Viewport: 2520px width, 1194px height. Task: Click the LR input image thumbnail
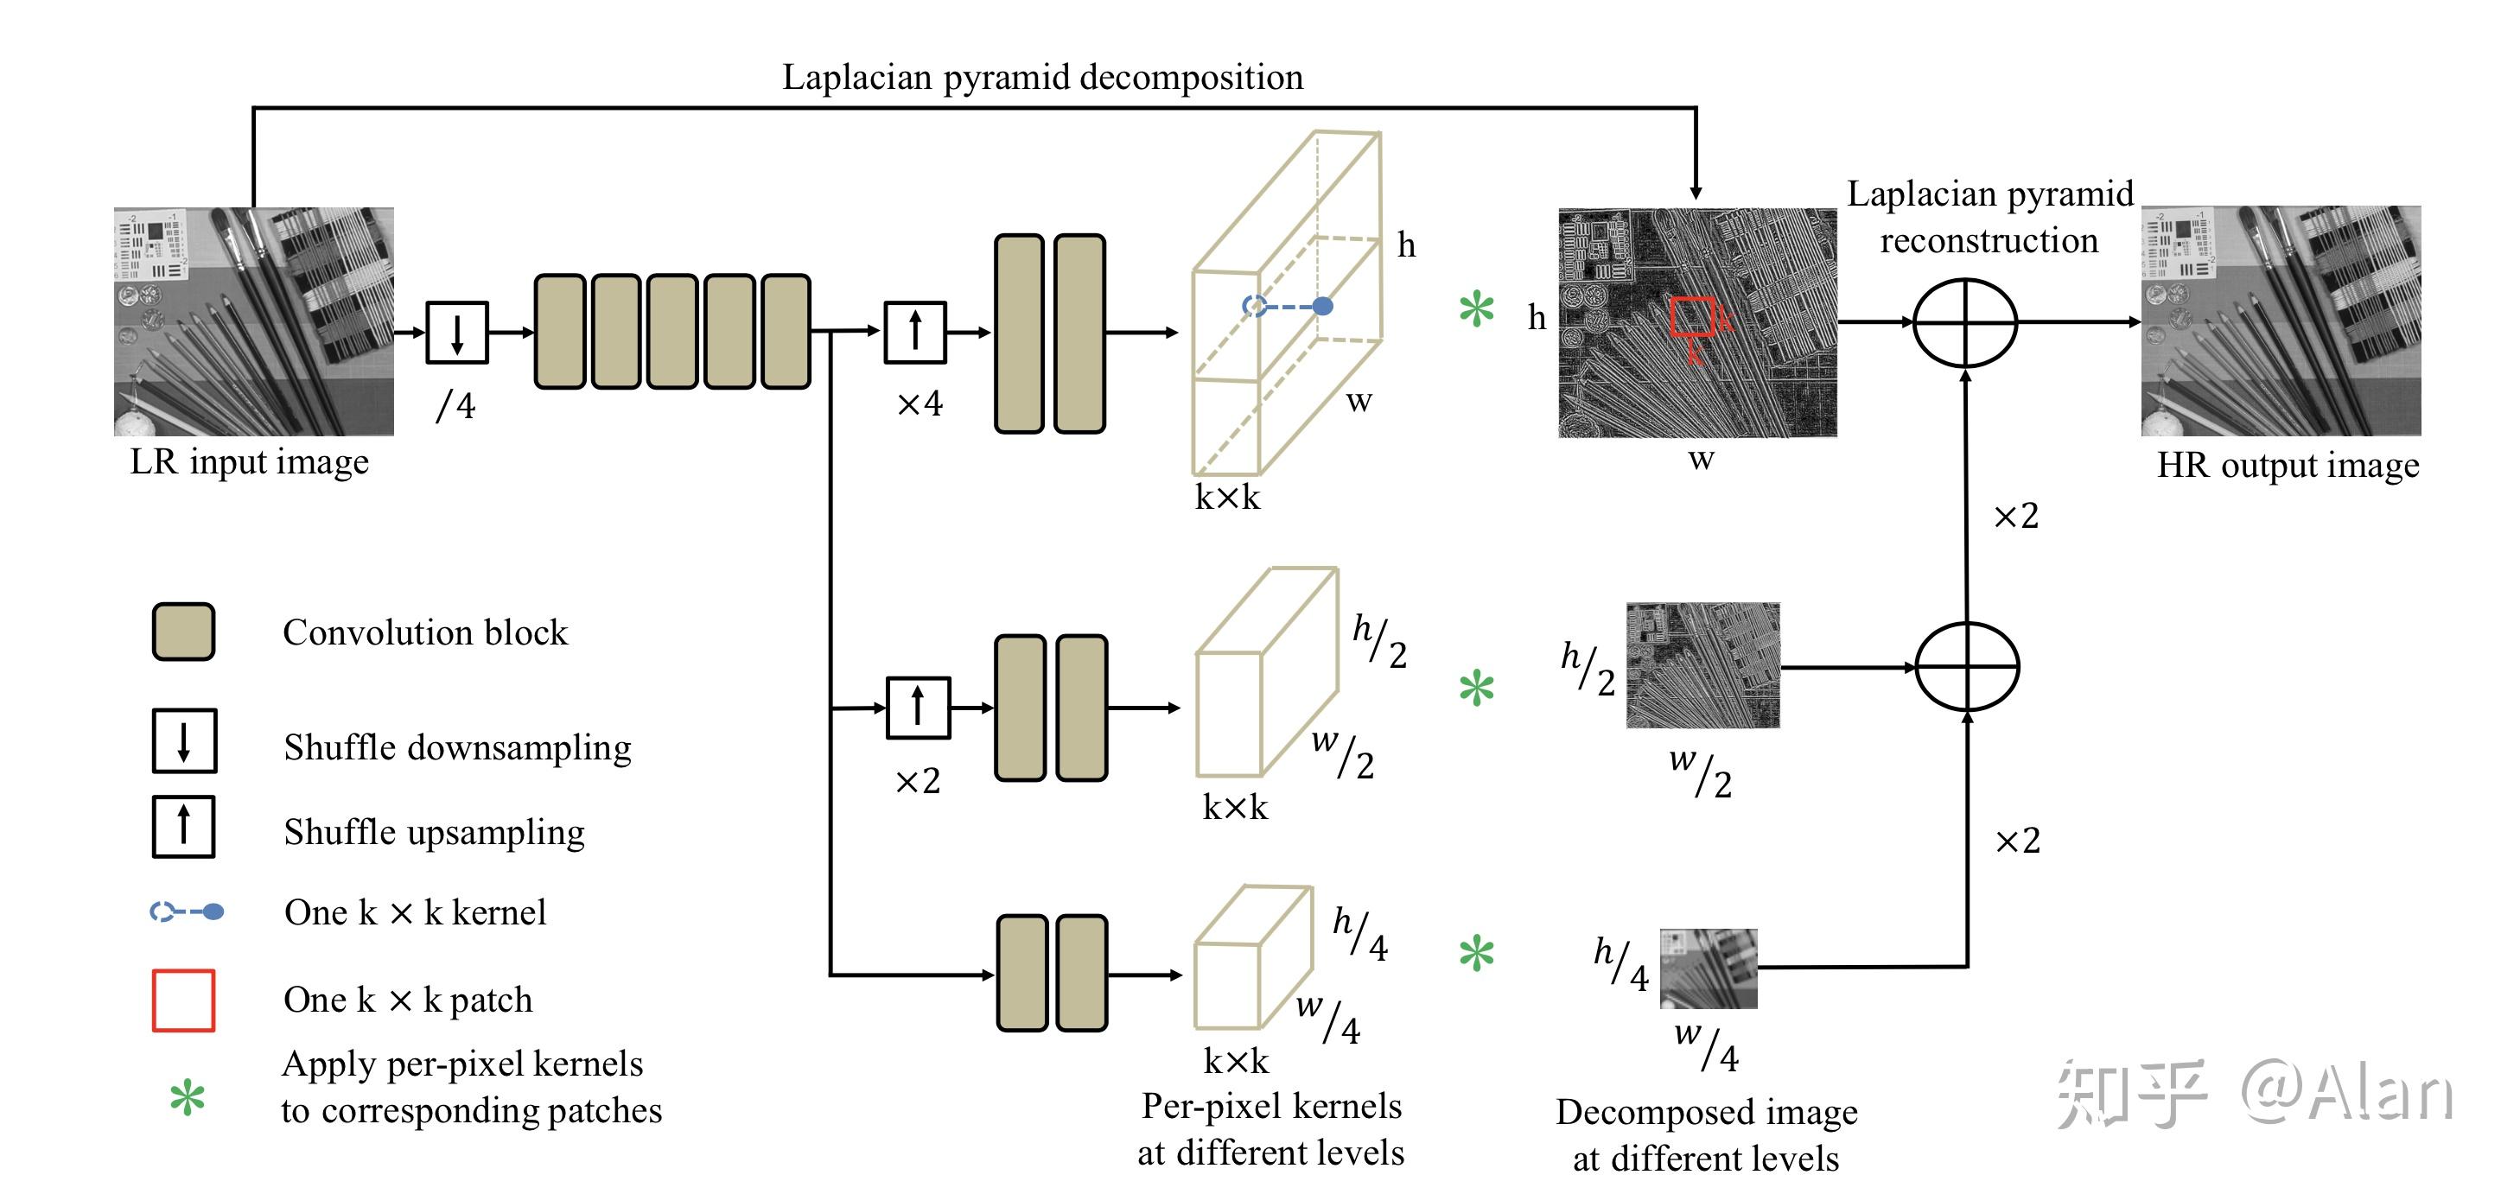[254, 321]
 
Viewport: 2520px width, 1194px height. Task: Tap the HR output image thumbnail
[2281, 321]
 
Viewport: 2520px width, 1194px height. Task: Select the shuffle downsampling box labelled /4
[457, 333]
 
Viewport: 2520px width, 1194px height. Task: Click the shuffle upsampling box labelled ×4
[916, 333]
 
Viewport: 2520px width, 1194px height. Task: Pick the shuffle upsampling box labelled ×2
[918, 707]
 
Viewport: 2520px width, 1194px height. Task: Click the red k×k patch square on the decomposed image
[1692, 317]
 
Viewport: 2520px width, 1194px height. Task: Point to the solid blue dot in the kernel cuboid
[1322, 306]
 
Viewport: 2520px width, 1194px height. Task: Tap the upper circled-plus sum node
[1965, 323]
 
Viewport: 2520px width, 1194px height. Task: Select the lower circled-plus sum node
[1967, 667]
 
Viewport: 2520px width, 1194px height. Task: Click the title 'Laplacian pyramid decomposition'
[1043, 77]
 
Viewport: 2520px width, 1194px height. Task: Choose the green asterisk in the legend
[187, 1098]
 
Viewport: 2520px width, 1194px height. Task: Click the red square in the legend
[183, 1000]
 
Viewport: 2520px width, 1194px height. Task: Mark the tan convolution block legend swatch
[183, 632]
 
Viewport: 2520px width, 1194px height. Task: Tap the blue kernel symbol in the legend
[186, 911]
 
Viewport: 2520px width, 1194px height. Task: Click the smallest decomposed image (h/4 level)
[1708, 969]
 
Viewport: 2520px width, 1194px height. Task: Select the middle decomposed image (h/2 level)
[1703, 665]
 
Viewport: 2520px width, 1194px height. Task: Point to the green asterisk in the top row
[1476, 310]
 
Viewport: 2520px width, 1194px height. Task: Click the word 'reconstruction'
[1989, 240]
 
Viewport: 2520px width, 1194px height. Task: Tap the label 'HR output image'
[2288, 466]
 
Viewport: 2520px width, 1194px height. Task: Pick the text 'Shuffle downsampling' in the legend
[458, 748]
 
